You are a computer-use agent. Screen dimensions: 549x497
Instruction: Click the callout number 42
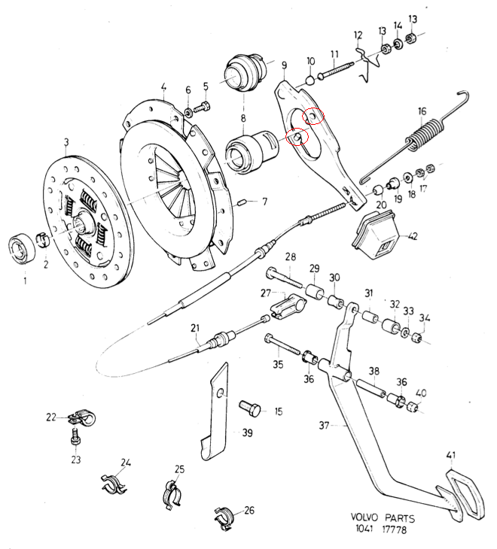[413, 236]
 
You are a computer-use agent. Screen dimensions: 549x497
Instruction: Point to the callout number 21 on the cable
[194, 329]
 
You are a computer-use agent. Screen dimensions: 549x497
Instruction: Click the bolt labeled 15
[251, 408]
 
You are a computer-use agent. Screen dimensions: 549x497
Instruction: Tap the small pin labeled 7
[242, 202]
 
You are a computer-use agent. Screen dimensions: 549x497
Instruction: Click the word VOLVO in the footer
[366, 518]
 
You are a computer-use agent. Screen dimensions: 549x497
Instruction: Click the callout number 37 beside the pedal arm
[324, 426]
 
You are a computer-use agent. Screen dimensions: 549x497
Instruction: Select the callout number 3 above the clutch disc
[66, 141]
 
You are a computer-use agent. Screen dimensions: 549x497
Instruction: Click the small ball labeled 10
[309, 80]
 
